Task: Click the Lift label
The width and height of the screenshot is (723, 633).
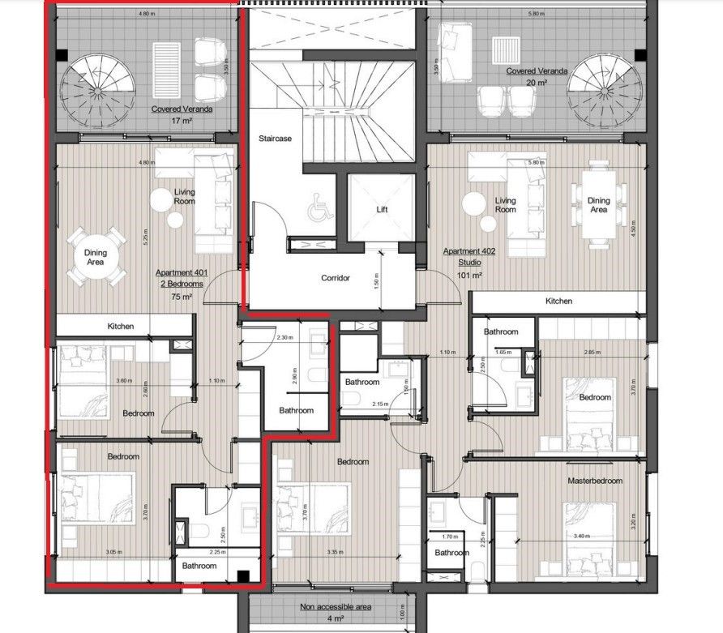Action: pyautogui.click(x=383, y=208)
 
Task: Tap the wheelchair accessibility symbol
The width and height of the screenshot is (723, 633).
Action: pyautogui.click(x=317, y=212)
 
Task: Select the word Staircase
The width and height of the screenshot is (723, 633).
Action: pyautogui.click(x=275, y=139)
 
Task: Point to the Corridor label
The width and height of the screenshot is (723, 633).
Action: pyautogui.click(x=335, y=278)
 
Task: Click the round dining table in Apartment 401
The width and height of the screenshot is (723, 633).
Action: pyautogui.click(x=96, y=257)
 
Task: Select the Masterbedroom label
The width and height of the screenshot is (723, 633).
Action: pyautogui.click(x=595, y=481)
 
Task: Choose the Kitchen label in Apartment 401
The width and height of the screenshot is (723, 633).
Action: pyautogui.click(x=121, y=326)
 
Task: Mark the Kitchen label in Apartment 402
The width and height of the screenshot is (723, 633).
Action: pyautogui.click(x=558, y=301)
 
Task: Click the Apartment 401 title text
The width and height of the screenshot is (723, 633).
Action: pyautogui.click(x=182, y=274)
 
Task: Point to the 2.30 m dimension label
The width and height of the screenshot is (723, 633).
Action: pyautogui.click(x=284, y=337)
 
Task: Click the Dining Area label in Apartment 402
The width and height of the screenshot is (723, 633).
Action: pyautogui.click(x=598, y=205)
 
